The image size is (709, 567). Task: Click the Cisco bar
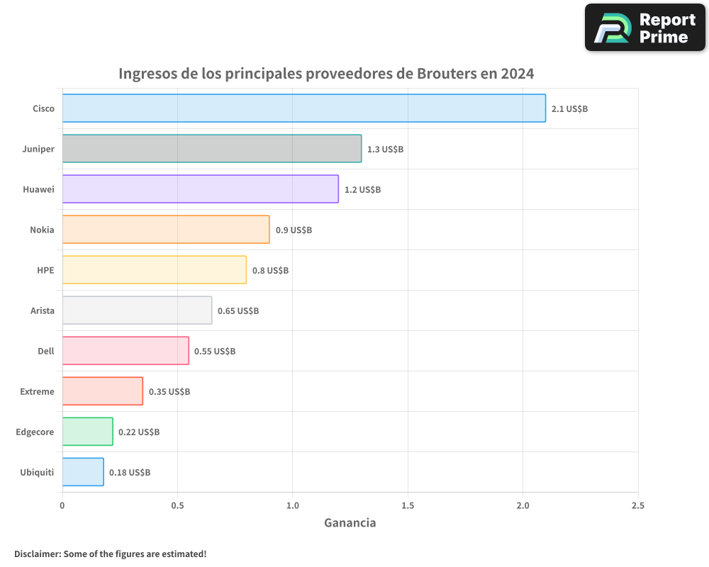[x=304, y=108]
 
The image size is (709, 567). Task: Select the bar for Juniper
[x=212, y=149]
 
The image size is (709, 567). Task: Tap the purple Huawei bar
[x=201, y=189]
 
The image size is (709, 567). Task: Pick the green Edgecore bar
[x=88, y=432]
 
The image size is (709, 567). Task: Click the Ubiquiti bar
[x=83, y=472]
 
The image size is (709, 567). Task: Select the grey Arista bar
[x=137, y=310]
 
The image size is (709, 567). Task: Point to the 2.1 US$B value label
[x=569, y=109]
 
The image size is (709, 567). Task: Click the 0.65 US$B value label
[x=238, y=311]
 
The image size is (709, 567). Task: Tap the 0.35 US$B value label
[x=169, y=392]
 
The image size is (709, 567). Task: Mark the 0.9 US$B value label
[x=294, y=230]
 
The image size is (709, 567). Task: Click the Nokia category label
[x=42, y=230]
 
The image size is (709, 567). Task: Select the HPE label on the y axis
[x=45, y=270]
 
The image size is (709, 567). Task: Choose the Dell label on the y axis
[x=46, y=351]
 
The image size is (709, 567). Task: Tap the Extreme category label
[x=37, y=391]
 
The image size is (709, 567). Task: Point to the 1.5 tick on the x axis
[x=408, y=506]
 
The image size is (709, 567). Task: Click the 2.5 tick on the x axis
[x=637, y=506]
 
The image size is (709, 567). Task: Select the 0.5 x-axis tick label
[x=177, y=506]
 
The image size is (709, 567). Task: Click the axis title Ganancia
[x=350, y=523]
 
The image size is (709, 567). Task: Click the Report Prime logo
[x=645, y=28]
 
